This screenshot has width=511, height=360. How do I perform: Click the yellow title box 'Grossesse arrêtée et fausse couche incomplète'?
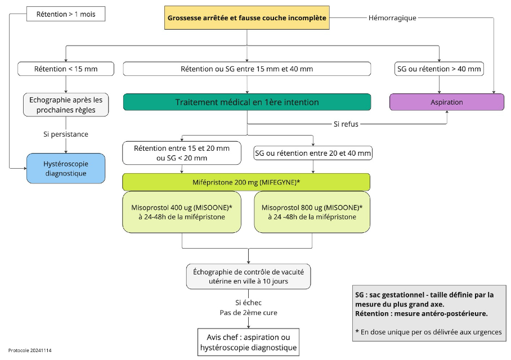pyautogui.click(x=246, y=18)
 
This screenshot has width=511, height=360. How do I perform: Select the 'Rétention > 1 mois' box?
pyautogui.click(x=66, y=14)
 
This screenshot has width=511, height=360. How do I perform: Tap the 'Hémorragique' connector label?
pyautogui.click(x=392, y=18)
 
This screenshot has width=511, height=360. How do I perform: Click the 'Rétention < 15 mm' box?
pyautogui.click(x=66, y=69)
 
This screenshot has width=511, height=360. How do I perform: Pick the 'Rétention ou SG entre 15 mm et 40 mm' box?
pyautogui.click(x=246, y=69)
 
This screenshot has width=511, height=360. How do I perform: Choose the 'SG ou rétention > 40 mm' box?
pyautogui.click(x=439, y=69)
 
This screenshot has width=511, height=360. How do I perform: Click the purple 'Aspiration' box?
pyautogui.click(x=447, y=102)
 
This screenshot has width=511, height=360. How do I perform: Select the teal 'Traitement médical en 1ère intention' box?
pyautogui.click(x=246, y=102)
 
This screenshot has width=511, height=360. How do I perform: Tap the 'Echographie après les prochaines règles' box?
pyautogui.click(x=66, y=105)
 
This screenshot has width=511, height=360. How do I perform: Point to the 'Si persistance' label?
pyautogui.click(x=66, y=134)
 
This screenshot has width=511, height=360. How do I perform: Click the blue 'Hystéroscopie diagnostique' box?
pyautogui.click(x=66, y=168)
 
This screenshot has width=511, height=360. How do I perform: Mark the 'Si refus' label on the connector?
pyautogui.click(x=346, y=124)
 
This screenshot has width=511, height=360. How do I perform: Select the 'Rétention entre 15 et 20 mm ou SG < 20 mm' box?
pyautogui.click(x=182, y=153)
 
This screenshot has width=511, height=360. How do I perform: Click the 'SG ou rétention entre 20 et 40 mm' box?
pyautogui.click(x=313, y=153)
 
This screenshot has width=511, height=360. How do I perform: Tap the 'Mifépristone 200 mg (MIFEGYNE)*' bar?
pyautogui.click(x=246, y=182)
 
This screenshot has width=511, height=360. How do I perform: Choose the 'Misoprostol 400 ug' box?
pyautogui.click(x=182, y=212)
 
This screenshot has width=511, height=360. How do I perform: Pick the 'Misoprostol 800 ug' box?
pyautogui.click(x=312, y=212)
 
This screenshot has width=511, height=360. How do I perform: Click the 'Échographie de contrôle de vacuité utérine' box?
pyautogui.click(x=248, y=276)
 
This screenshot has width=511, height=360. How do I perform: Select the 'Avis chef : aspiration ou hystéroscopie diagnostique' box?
pyautogui.click(x=248, y=342)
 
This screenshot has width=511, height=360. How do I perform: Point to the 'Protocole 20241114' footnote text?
pyautogui.click(x=30, y=350)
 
